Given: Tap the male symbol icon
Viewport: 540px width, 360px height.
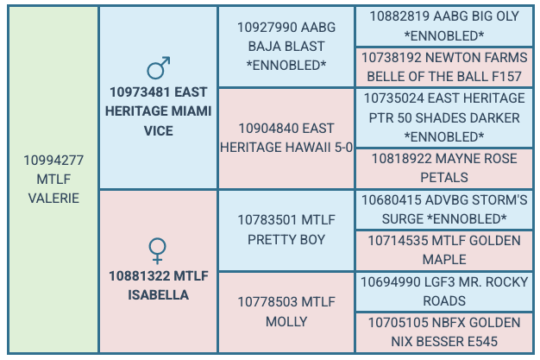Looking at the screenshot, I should point(158,68).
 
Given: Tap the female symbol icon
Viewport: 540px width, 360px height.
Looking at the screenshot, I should point(158,251).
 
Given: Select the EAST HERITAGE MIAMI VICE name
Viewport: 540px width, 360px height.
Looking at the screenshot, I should point(158,111).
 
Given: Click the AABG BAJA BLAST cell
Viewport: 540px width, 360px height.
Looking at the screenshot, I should point(286,46).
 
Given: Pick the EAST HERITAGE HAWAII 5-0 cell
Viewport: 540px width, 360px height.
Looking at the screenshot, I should point(286,137).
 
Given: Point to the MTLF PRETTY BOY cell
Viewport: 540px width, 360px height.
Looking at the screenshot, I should point(286,228).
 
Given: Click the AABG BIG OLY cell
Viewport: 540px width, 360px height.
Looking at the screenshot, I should point(444,25).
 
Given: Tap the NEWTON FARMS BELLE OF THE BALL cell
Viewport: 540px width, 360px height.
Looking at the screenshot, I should point(444,66).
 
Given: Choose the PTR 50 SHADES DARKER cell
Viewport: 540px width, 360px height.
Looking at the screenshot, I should point(444,117).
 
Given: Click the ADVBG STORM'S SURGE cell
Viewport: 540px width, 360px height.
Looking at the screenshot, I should point(444,209).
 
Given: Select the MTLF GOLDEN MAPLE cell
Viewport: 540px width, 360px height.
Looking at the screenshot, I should point(444,250).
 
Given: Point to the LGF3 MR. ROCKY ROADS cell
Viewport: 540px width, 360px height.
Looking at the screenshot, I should point(444,291).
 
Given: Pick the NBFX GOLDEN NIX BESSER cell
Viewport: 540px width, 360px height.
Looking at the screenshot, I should point(444,332).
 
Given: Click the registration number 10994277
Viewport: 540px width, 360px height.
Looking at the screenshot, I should point(53,161).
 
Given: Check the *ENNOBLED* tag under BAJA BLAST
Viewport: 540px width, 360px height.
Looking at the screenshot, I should point(286,65).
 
